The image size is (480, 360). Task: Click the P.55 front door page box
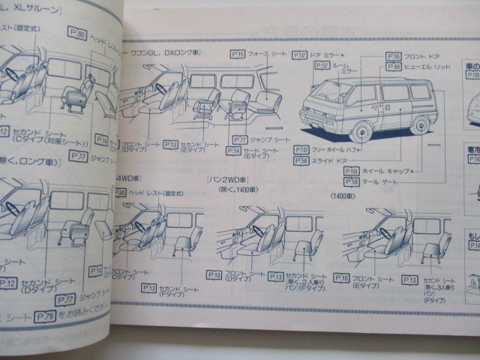394,55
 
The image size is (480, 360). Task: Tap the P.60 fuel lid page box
394,67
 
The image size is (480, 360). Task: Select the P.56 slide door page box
301,160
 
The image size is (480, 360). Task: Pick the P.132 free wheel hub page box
301,149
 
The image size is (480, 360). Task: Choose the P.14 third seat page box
233,151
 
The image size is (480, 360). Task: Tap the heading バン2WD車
228,181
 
